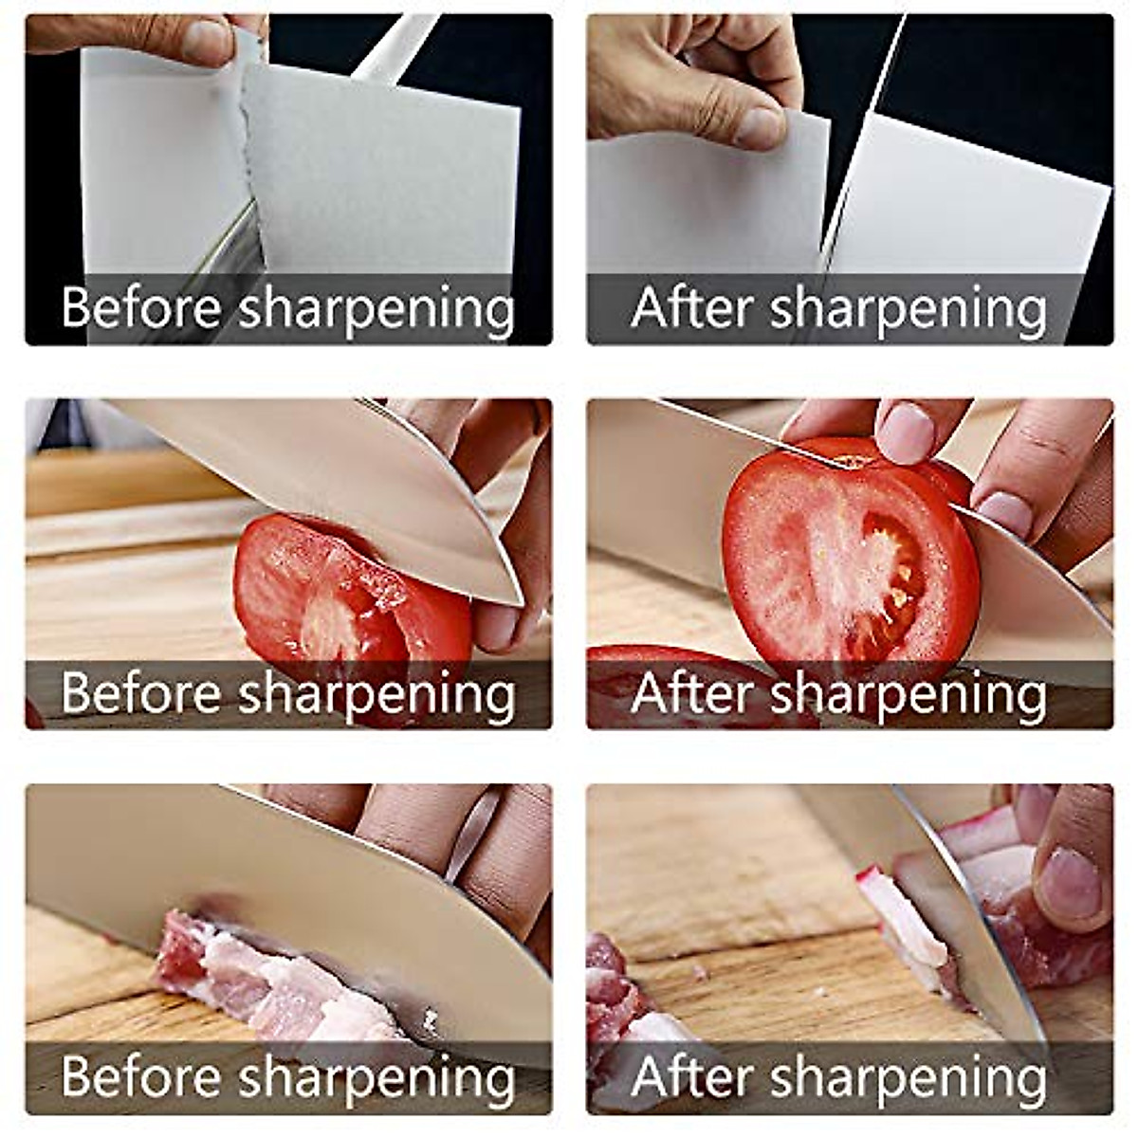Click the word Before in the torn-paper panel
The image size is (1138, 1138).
[141, 307]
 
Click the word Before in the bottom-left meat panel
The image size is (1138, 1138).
[141, 1076]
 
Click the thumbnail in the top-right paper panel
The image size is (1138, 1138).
[759, 127]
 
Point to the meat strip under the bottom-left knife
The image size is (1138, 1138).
[275, 977]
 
